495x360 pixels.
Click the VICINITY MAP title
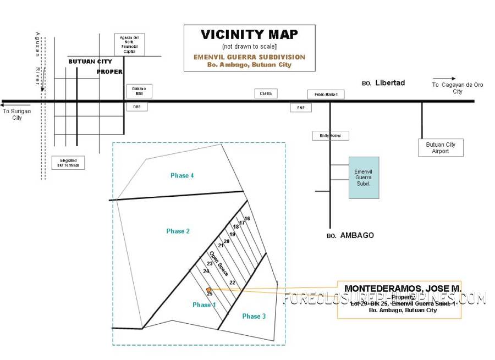pyautogui.click(x=249, y=35)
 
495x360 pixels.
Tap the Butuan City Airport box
pyautogui.click(x=440, y=148)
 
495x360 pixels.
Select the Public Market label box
pyautogui.click(x=326, y=95)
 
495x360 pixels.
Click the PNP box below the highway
pyautogui.click(x=300, y=108)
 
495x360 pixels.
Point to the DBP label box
pyautogui.click(x=137, y=107)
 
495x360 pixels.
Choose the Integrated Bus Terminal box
pyautogui.click(x=69, y=162)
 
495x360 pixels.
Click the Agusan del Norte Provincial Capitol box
pyautogui.click(x=129, y=45)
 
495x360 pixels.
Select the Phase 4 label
pyautogui.click(x=182, y=175)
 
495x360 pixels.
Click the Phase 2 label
pyautogui.click(x=178, y=231)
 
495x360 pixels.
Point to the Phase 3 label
pyautogui.click(x=254, y=316)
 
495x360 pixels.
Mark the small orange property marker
pyautogui.click(x=208, y=290)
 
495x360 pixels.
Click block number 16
pyautogui.click(x=248, y=219)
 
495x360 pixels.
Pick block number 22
pyautogui.click(x=232, y=283)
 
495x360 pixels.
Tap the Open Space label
pyautogui.click(x=218, y=263)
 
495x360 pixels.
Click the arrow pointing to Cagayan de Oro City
pyautogui.click(x=444, y=79)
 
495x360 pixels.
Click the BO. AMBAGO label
pyautogui.click(x=350, y=235)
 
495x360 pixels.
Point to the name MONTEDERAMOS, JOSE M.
pyautogui.click(x=403, y=289)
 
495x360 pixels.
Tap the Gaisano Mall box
pyautogui.click(x=139, y=91)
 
